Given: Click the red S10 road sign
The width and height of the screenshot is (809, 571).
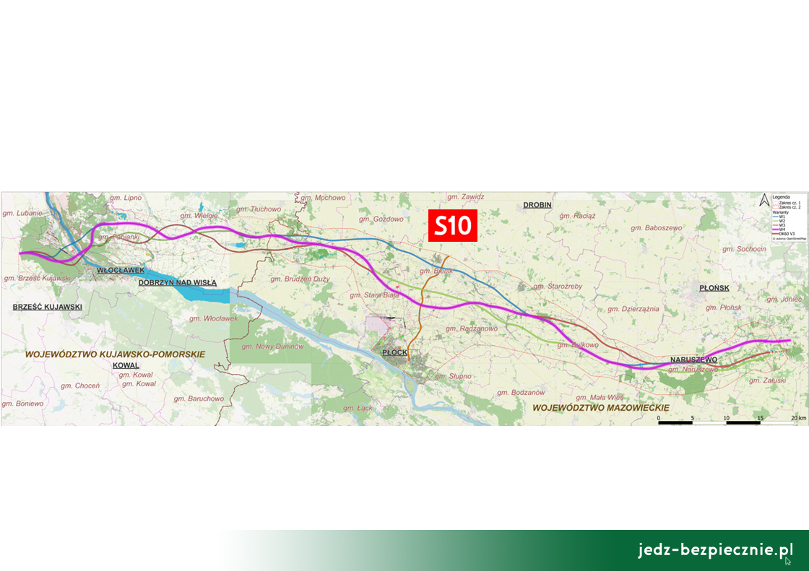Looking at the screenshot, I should click(x=453, y=226).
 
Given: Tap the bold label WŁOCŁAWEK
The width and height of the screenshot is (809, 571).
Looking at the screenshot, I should click(x=121, y=270).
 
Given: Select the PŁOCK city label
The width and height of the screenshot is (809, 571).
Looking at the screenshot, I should click(x=395, y=352).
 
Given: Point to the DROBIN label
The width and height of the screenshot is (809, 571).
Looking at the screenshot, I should click(x=537, y=205).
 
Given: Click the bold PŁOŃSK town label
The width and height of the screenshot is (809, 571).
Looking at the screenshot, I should click(x=714, y=288).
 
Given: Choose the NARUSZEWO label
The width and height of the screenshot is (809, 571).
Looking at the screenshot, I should click(x=693, y=359).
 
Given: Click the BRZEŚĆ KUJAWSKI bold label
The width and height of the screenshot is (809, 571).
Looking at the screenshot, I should click(x=47, y=307).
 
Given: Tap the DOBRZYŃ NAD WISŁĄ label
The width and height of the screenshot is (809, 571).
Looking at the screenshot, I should click(x=178, y=283).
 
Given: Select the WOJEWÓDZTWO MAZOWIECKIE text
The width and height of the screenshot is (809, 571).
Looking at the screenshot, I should click(x=600, y=408).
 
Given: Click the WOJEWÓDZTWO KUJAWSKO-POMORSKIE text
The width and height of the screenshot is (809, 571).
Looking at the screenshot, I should click(x=115, y=354).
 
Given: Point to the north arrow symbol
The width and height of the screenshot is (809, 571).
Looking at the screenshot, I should click(x=763, y=201).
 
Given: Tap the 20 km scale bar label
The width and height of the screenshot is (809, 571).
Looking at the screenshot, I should click(x=797, y=418).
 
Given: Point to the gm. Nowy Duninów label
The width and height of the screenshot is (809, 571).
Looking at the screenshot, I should click(x=273, y=346).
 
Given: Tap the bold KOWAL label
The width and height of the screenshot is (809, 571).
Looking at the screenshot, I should click(x=126, y=365).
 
